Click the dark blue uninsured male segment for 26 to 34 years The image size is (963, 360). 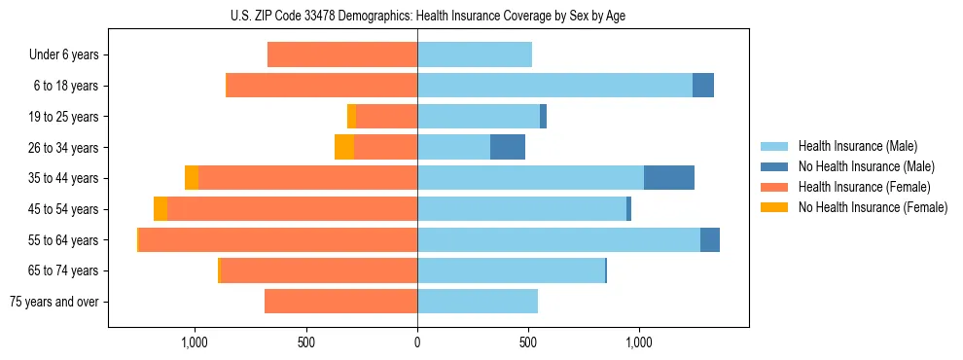508,148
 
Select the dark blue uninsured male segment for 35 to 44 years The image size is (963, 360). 669,178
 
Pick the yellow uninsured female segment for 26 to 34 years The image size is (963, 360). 344,148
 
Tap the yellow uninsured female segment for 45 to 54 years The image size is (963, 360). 160,209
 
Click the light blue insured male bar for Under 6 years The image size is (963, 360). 475,55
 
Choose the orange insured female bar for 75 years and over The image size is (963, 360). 340,302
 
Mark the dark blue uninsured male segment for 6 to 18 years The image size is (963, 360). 703,86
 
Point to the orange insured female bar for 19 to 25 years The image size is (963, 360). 386,117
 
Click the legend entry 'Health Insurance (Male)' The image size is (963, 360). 858,146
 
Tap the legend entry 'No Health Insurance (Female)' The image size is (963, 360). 873,207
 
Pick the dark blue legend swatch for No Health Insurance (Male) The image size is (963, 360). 774,166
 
